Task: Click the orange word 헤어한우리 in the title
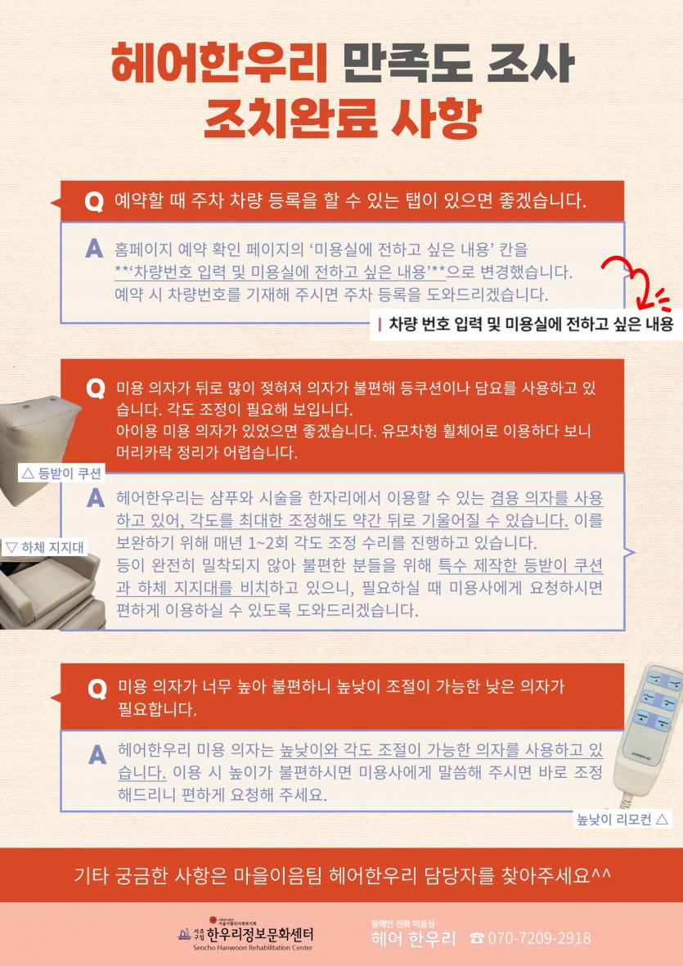(x=220, y=63)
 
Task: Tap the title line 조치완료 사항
(x=342, y=119)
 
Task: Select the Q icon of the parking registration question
(x=93, y=201)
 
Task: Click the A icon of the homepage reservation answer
(x=94, y=249)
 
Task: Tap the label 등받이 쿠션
(x=61, y=473)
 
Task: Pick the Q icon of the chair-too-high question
(x=97, y=688)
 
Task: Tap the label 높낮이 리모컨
(x=622, y=820)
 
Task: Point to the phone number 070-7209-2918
(x=540, y=938)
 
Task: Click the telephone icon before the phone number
(x=477, y=938)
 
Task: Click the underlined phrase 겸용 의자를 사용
(x=546, y=498)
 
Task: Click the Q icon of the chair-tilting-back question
(x=95, y=389)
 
